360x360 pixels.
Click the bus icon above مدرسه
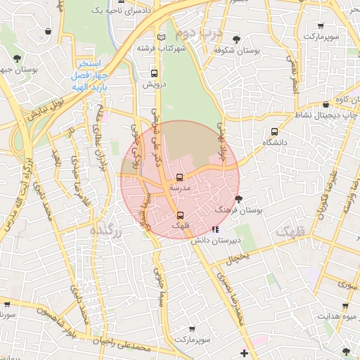tap(179, 177)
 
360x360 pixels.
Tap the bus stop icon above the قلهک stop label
tap(180, 215)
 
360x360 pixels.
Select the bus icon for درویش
tap(153, 73)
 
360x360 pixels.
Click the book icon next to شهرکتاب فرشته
tap(162, 37)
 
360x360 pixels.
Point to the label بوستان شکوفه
tap(235, 51)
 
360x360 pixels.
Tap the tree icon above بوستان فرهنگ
tap(239, 199)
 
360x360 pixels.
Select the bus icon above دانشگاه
tap(274, 131)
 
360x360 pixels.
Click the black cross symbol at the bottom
tap(244, 352)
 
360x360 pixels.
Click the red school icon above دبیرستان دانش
tap(215, 229)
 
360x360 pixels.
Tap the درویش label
tap(153, 84)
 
